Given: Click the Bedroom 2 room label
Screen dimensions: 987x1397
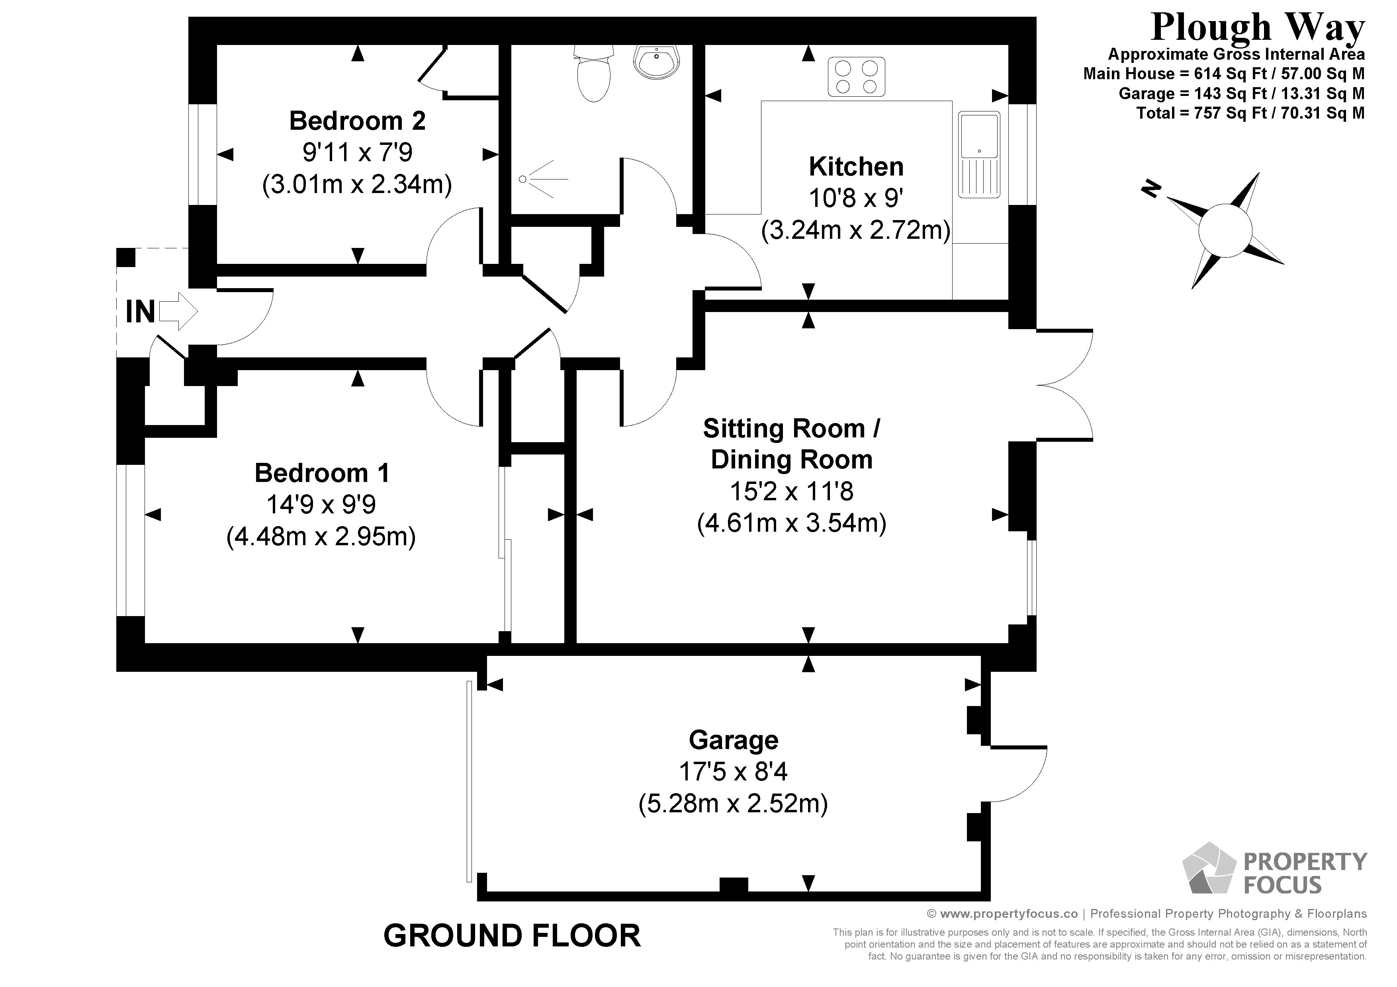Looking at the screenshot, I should tap(357, 121).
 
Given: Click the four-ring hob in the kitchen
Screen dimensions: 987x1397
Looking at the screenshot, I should tap(856, 77).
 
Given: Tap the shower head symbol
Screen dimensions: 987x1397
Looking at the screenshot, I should tap(523, 179).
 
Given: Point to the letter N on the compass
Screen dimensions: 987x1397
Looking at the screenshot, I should tap(1150, 190).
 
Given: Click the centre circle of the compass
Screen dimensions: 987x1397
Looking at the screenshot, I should tap(1225, 231).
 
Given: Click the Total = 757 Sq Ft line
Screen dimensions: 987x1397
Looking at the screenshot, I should tap(1250, 113).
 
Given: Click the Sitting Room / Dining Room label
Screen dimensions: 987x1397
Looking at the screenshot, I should tap(791, 444).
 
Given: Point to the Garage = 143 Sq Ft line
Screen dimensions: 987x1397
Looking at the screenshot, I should tap(1241, 94).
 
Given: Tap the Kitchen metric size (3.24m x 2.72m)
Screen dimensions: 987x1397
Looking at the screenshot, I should tap(855, 230).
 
